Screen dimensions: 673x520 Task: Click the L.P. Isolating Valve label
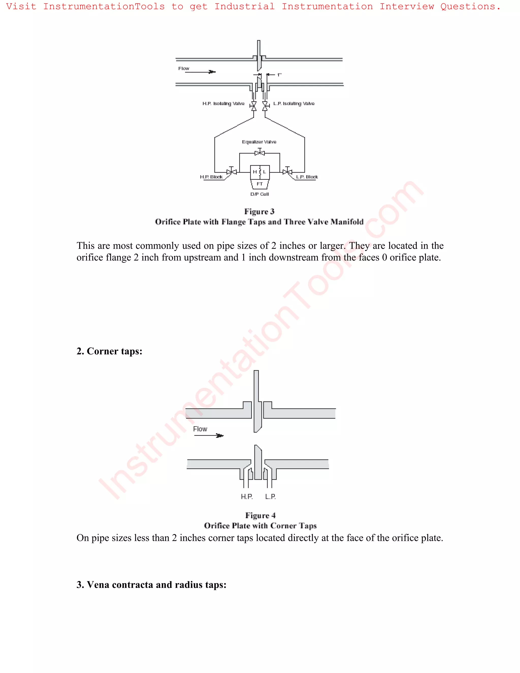click(294, 104)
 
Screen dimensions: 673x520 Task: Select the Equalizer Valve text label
click(259, 142)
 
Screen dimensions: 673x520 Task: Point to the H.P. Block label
click(211, 177)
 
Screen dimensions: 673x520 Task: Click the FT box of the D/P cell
click(260, 184)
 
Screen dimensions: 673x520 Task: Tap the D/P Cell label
click(259, 194)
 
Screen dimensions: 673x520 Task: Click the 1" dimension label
click(279, 75)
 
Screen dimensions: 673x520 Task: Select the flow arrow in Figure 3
click(200, 72)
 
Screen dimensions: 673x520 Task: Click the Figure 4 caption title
click(260, 515)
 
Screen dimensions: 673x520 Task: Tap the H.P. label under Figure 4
click(247, 496)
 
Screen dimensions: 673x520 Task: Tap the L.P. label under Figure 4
click(270, 496)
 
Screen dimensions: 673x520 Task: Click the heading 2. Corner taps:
click(109, 351)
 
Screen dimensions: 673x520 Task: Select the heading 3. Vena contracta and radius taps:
click(151, 585)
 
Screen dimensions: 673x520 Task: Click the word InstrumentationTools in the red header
click(104, 6)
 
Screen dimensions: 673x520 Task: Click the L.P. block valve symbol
click(287, 171)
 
